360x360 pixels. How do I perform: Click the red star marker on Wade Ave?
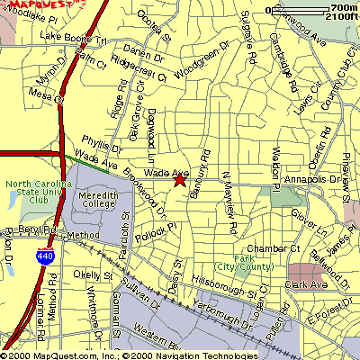(179, 179)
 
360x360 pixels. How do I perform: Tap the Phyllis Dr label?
(101, 144)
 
